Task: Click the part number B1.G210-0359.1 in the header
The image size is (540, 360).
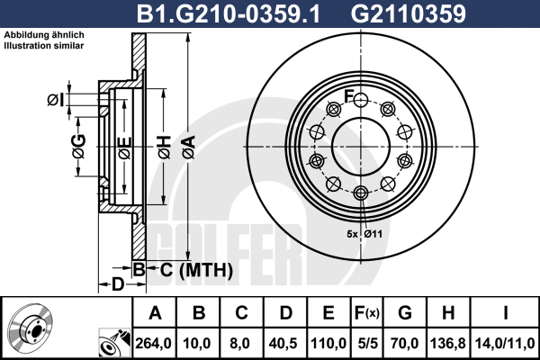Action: click(x=229, y=13)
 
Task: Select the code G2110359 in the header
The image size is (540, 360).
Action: click(x=408, y=13)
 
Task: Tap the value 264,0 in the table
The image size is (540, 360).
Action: click(x=153, y=344)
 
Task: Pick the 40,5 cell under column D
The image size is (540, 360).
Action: click(x=283, y=344)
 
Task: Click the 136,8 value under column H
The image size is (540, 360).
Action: click(x=447, y=344)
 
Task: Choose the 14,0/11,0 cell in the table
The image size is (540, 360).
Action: click(x=505, y=344)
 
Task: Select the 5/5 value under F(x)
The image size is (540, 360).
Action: click(x=367, y=344)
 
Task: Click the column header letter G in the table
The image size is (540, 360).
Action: click(x=405, y=313)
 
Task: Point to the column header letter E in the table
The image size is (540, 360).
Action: click(x=328, y=313)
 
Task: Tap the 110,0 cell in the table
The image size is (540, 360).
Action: click(x=328, y=344)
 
